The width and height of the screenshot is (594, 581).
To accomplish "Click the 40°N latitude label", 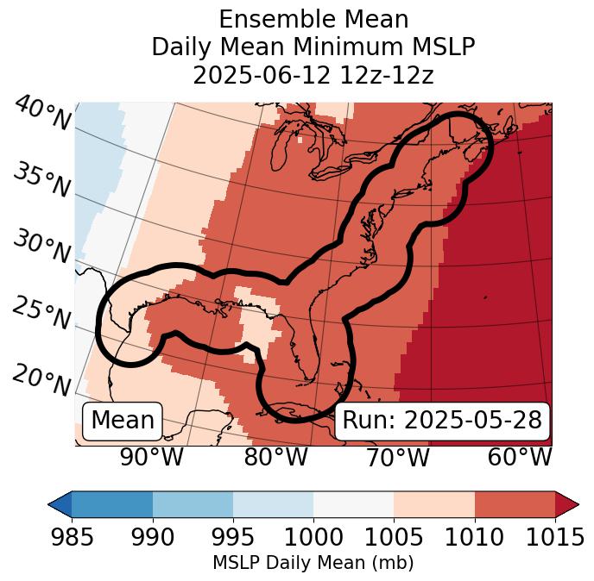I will coord(41,115).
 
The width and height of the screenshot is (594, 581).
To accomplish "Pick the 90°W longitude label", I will coord(151,458).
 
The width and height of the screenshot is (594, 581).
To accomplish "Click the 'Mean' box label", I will coord(123,421).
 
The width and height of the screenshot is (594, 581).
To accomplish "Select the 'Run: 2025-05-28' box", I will coord(442,421).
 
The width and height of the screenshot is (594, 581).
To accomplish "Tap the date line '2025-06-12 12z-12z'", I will coord(313,75).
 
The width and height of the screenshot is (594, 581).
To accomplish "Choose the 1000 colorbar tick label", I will coord(313,538).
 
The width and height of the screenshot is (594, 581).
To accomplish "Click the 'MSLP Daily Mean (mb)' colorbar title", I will coord(313,563).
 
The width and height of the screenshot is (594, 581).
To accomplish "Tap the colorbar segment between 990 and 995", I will coord(193,503).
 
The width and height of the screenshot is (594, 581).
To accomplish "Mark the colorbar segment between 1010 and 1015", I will coord(515,503).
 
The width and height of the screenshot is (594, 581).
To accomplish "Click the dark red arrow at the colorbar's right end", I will coord(567,503).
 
